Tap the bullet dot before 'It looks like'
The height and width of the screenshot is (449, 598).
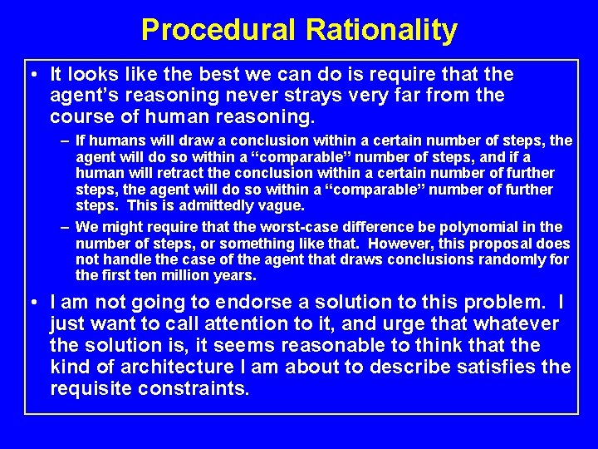coord(31,76)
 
